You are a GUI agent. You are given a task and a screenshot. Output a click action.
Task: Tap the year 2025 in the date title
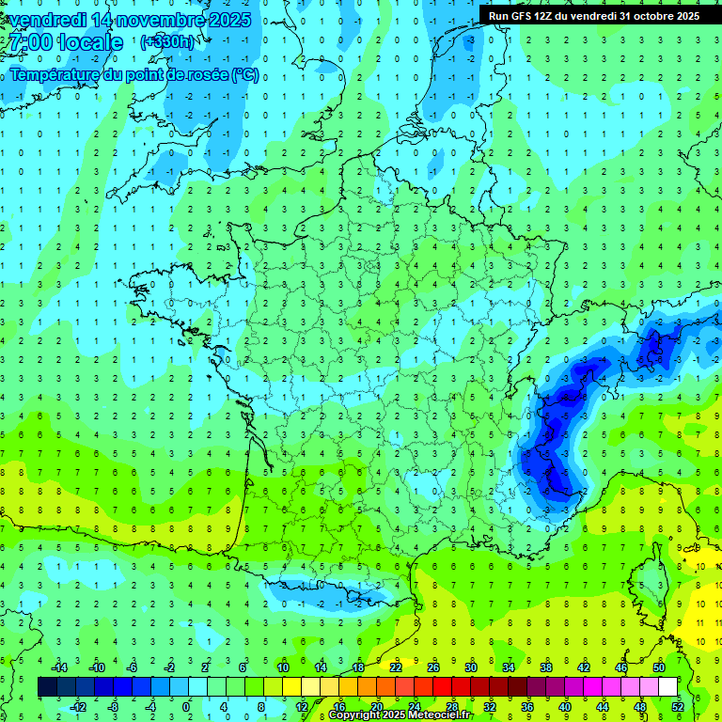click(226, 20)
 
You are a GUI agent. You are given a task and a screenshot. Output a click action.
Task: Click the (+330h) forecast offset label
click(167, 42)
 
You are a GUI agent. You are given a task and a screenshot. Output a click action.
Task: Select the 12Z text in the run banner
click(544, 16)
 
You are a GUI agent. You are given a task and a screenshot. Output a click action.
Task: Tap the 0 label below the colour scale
click(187, 707)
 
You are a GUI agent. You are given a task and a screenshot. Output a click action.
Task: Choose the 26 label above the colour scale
click(433, 667)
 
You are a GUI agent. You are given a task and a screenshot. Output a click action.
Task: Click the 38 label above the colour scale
click(546, 667)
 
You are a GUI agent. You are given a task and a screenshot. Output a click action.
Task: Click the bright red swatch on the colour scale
click(443, 687)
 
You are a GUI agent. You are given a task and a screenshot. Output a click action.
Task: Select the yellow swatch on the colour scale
click(292, 687)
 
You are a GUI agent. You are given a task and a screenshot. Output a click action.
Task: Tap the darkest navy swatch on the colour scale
click(48, 687)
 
